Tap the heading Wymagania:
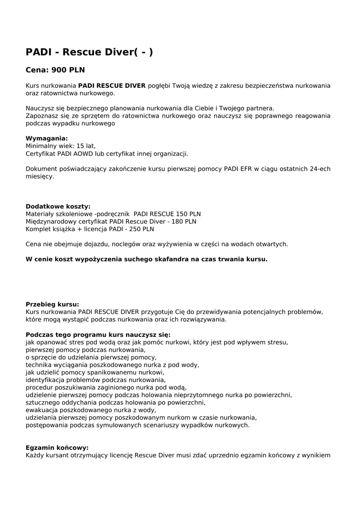point(47,138)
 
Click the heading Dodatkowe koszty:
point(58,206)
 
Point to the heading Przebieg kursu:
point(52,304)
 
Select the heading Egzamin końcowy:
point(57,447)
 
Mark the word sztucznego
point(42,402)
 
